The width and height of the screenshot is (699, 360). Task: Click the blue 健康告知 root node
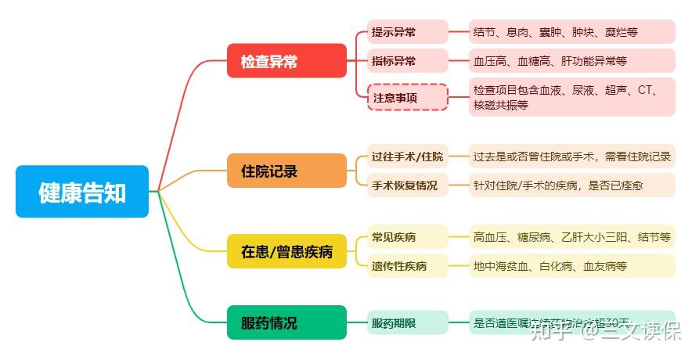click(82, 192)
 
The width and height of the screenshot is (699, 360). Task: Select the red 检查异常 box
click(286, 61)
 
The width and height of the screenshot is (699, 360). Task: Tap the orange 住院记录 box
click(286, 171)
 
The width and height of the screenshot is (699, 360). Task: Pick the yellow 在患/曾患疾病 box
click(286, 251)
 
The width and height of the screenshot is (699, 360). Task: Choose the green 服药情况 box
click(286, 322)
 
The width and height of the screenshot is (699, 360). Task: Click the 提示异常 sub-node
click(408, 32)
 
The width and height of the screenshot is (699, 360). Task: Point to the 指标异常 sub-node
click(408, 60)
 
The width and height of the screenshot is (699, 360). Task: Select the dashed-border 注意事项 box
click(408, 98)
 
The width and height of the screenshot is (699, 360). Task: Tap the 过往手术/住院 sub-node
click(408, 157)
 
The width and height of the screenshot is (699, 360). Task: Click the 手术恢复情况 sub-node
click(408, 185)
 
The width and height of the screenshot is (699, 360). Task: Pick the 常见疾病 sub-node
click(408, 237)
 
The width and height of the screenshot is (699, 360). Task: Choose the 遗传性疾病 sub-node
click(408, 266)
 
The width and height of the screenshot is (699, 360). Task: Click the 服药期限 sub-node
click(408, 322)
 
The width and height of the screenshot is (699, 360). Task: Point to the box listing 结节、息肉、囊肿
click(571, 32)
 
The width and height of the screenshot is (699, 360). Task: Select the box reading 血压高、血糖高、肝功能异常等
click(571, 60)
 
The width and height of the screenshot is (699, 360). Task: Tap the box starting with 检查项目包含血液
click(571, 97)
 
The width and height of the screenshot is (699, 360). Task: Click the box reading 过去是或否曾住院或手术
click(571, 157)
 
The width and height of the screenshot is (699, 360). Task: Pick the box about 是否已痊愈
click(571, 185)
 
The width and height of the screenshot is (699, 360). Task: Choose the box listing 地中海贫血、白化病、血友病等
click(571, 266)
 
